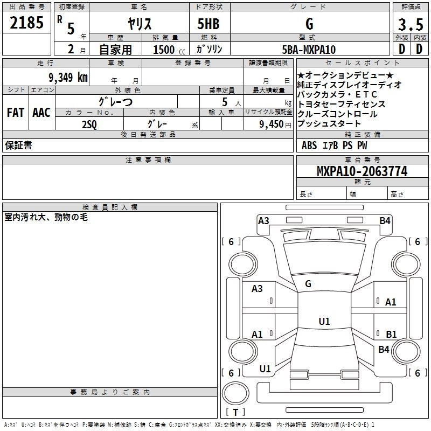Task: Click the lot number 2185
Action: pyautogui.click(x=26, y=23)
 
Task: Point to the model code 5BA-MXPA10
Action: pyautogui.click(x=309, y=50)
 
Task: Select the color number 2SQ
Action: pyautogui.click(x=89, y=124)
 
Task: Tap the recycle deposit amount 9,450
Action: pyautogui.click(x=272, y=124)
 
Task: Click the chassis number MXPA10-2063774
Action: pyautogui.click(x=362, y=171)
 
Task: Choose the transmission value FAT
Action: pyautogui.click(x=15, y=113)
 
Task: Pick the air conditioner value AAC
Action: pyautogui.click(x=41, y=113)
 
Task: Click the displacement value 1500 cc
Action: pyautogui.click(x=166, y=50)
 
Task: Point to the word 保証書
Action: pyautogui.click(x=18, y=145)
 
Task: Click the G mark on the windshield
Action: pyautogui.click(x=308, y=283)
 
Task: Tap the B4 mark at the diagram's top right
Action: pyautogui.click(x=385, y=220)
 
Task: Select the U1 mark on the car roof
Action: pyautogui.click(x=324, y=321)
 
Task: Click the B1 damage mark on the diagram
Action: pyautogui.click(x=391, y=334)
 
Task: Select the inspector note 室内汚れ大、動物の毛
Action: pyautogui.click(x=46, y=217)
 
